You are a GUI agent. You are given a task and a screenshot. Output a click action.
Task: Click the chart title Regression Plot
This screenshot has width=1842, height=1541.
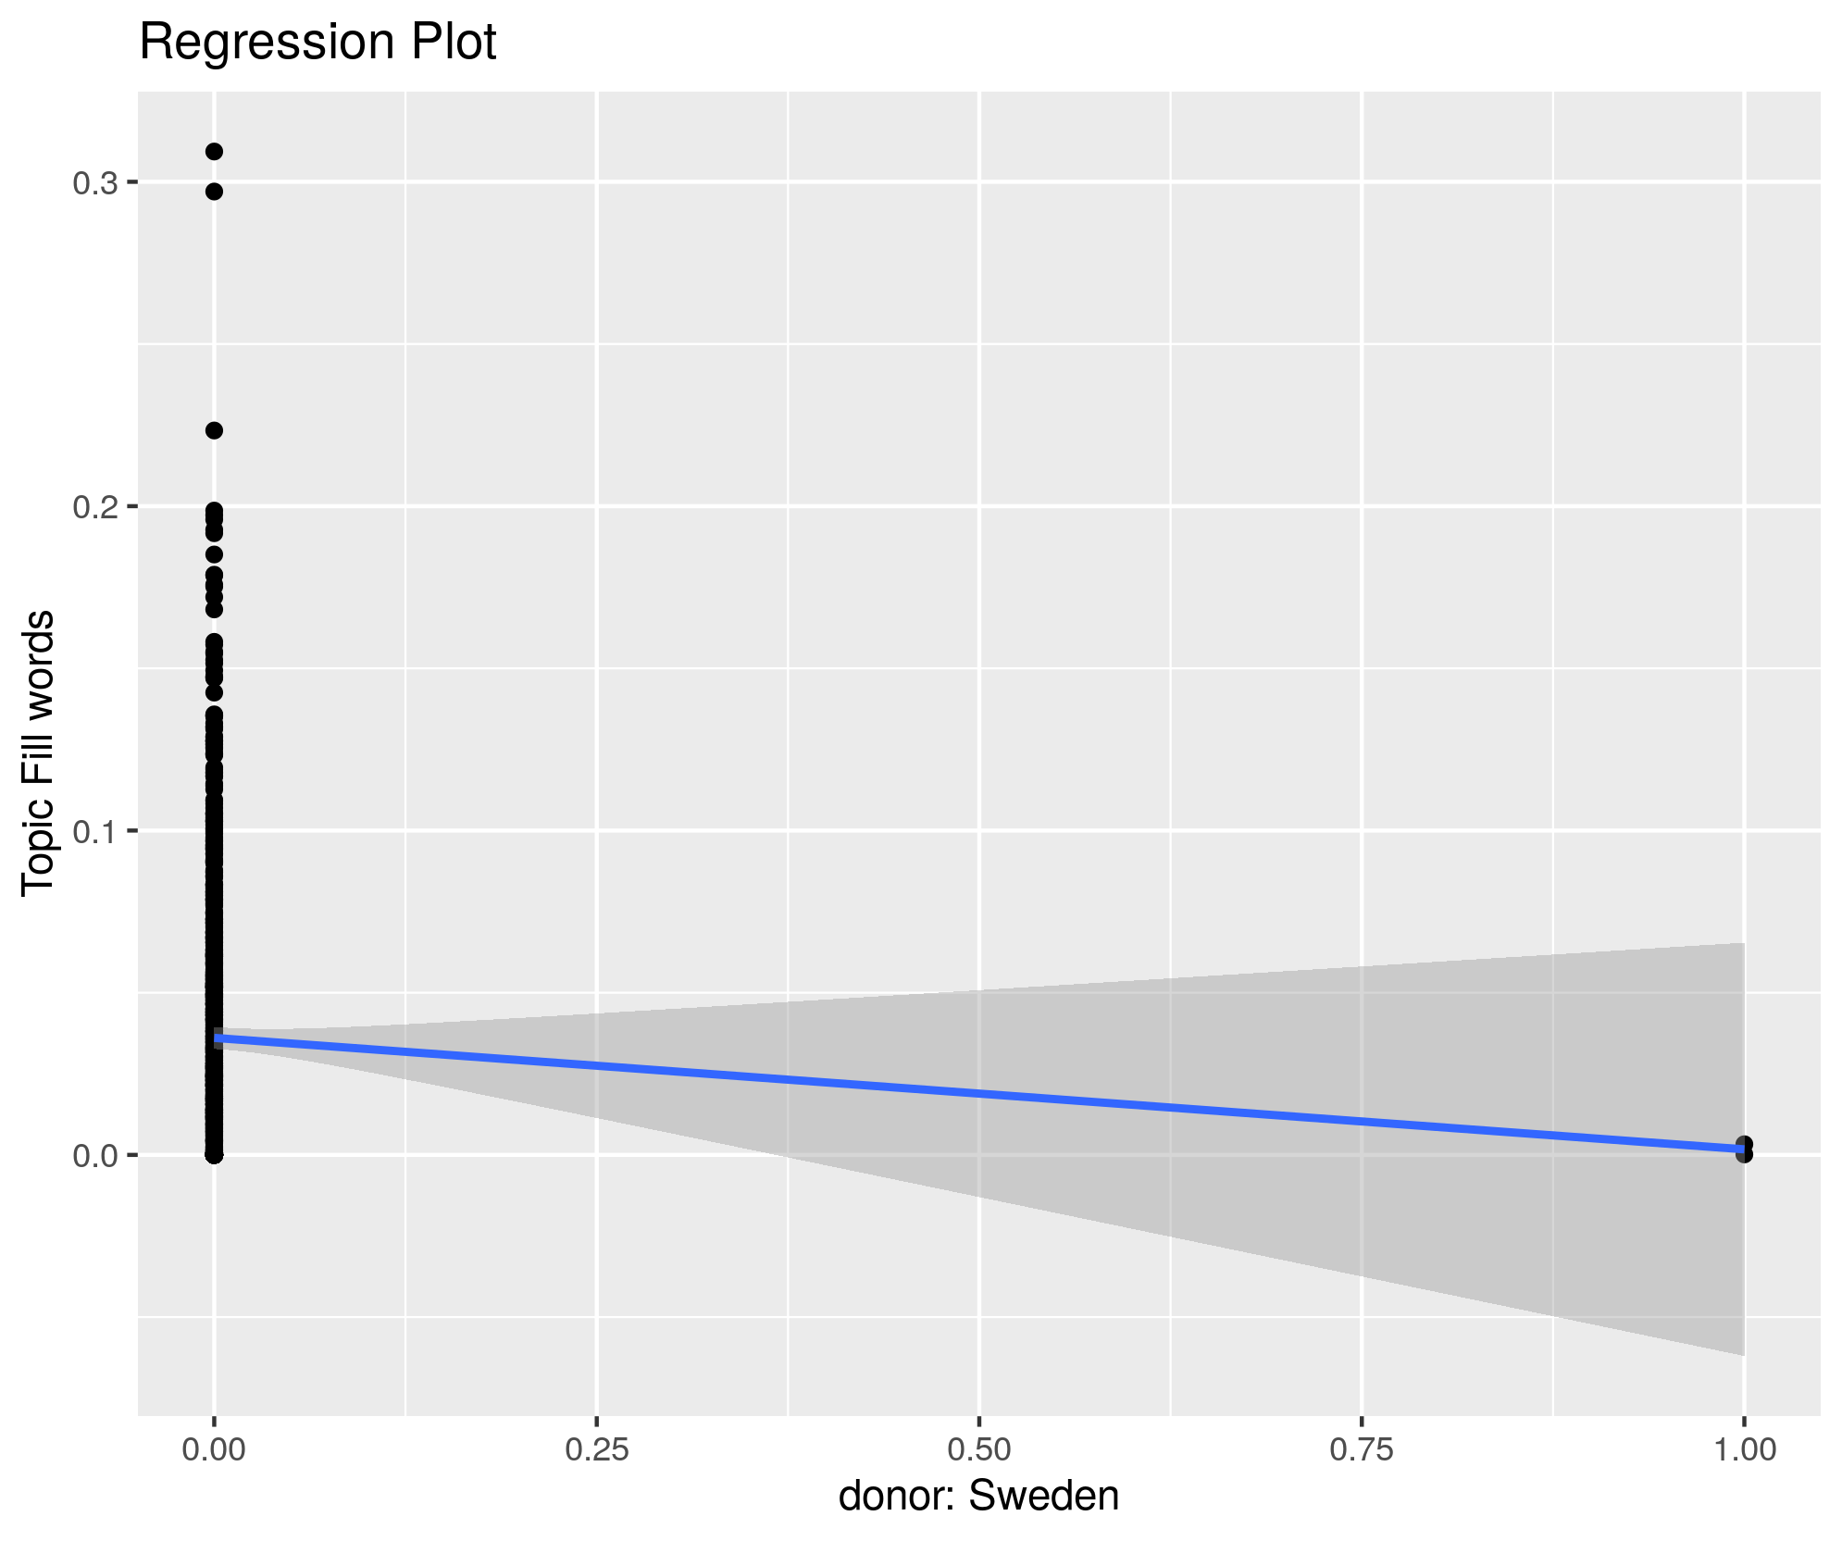[x=317, y=43]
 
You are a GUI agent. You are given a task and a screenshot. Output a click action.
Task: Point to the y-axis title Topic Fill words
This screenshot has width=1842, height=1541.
[x=39, y=752]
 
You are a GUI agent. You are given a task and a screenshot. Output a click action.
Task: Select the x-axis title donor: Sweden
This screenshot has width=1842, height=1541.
[x=978, y=1496]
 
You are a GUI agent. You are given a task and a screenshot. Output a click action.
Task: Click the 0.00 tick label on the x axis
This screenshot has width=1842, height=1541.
[x=214, y=1449]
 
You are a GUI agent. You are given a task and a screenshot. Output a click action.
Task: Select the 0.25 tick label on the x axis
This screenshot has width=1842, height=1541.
[x=597, y=1449]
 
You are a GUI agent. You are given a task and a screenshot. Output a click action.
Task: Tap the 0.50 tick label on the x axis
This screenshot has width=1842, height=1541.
[x=979, y=1449]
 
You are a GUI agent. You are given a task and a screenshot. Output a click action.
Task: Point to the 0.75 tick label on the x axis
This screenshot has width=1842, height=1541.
[x=1362, y=1449]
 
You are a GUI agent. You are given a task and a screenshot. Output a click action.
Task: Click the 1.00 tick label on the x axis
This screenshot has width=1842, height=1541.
[x=1744, y=1449]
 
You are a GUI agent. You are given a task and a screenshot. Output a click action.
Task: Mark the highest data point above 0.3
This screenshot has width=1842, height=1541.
[x=214, y=152]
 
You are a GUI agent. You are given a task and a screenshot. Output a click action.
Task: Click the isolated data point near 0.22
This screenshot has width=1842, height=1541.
[x=214, y=430]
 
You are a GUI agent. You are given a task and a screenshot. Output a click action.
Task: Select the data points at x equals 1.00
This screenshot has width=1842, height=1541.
[x=1744, y=1149]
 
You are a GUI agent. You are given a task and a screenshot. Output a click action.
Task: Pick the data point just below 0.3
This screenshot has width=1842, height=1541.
[x=214, y=192]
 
